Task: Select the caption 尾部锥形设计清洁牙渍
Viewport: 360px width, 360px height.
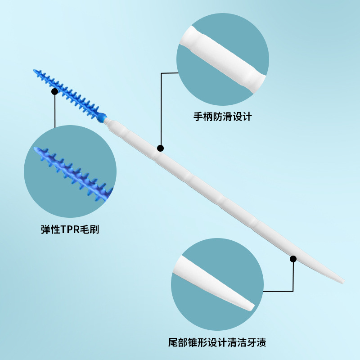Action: coord(214,343)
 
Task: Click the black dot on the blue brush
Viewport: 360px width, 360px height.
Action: coord(54,91)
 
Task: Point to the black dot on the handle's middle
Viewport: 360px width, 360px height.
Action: coord(161,148)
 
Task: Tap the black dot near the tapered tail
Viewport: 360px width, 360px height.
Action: coord(293,259)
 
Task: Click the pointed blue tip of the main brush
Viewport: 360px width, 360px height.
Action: coord(35,70)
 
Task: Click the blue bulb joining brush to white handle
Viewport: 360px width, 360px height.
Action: coord(103,117)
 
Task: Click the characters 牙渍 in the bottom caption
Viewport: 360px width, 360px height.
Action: coord(257,343)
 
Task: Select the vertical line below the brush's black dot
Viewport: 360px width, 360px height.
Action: coord(54,110)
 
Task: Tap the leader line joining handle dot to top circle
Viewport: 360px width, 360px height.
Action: coord(161,108)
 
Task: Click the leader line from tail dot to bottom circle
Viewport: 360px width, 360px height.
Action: coord(293,277)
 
